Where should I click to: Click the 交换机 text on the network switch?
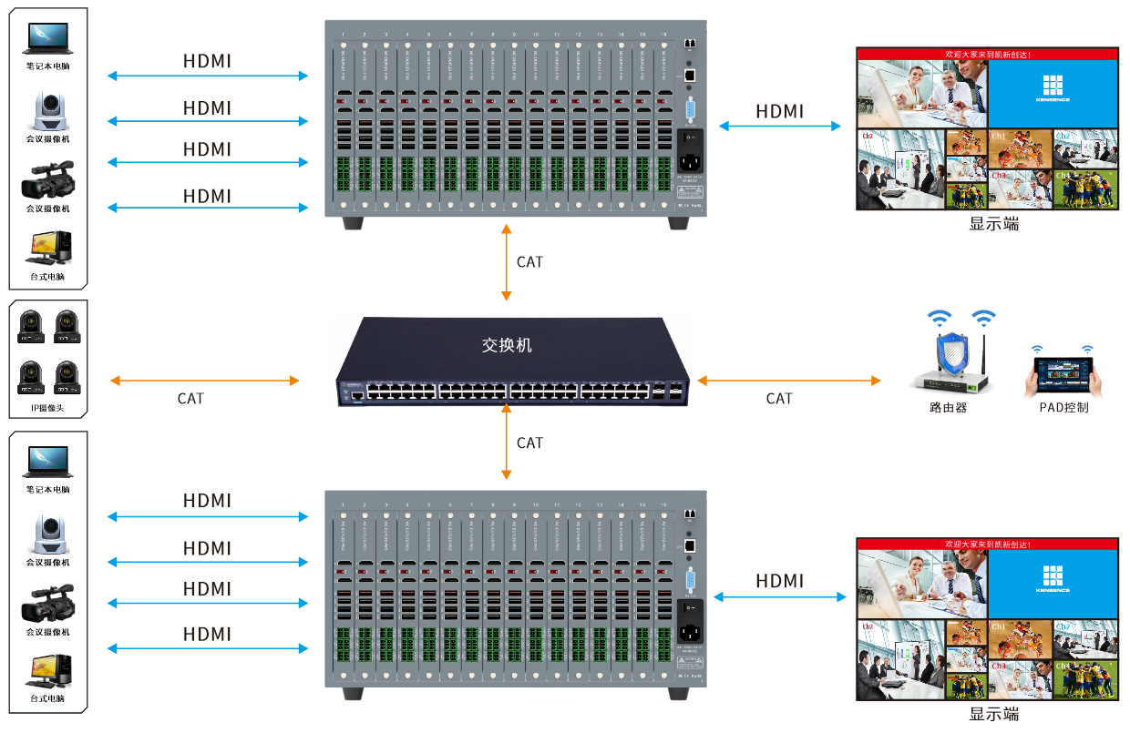(x=507, y=346)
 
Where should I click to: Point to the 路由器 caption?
(x=948, y=408)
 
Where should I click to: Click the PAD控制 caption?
(x=1063, y=408)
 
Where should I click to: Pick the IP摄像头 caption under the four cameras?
(x=47, y=409)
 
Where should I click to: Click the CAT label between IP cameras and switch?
(x=190, y=399)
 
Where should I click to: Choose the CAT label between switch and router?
(x=779, y=399)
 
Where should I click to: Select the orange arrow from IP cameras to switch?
(x=203, y=380)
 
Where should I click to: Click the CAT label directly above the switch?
(x=529, y=262)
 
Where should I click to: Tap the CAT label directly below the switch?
(x=529, y=443)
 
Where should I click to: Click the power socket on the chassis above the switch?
(x=690, y=165)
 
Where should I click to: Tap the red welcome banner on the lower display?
(x=987, y=544)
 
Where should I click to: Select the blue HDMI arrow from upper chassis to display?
(x=780, y=126)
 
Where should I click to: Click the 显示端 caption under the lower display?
(x=993, y=714)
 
